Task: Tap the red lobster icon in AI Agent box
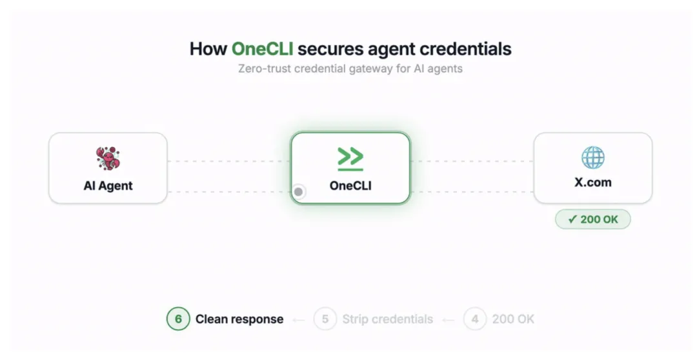click(x=108, y=159)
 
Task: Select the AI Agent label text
click(x=108, y=186)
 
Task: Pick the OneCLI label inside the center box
click(x=350, y=186)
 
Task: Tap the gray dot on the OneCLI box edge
click(x=298, y=192)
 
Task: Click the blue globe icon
click(x=593, y=157)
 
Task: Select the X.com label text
click(x=593, y=183)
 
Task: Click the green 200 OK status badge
click(x=593, y=219)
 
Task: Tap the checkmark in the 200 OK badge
click(x=572, y=219)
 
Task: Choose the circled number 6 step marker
click(x=178, y=319)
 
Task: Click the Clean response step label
click(x=239, y=319)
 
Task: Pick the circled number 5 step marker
click(x=325, y=319)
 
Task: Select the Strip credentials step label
click(x=388, y=319)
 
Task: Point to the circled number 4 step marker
click(x=475, y=319)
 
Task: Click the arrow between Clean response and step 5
click(x=298, y=319)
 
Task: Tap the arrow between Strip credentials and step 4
click(x=448, y=319)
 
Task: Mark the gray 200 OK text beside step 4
click(x=513, y=319)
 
